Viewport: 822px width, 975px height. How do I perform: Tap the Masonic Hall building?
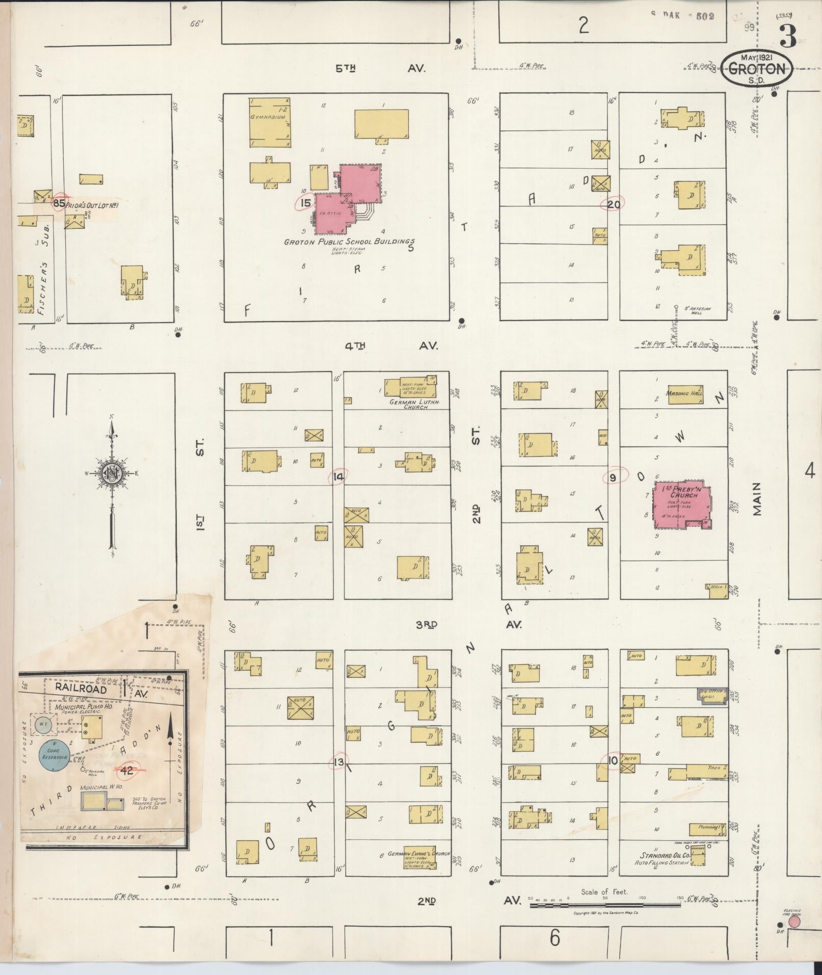point(685,393)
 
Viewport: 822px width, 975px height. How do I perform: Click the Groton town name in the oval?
point(757,69)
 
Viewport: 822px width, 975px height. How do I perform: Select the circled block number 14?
point(337,477)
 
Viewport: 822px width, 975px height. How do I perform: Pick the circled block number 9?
point(613,477)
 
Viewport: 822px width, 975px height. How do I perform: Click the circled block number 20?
point(614,204)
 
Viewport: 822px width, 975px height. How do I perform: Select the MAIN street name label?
point(757,499)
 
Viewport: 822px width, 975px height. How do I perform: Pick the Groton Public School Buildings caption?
point(349,242)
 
